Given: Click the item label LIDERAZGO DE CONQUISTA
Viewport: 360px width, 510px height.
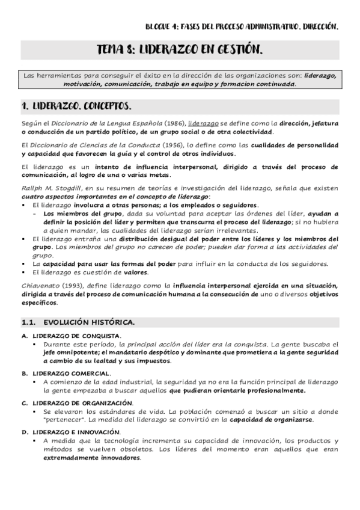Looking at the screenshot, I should click(76, 336).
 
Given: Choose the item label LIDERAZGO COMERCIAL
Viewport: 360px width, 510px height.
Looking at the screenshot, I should click(71, 373).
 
